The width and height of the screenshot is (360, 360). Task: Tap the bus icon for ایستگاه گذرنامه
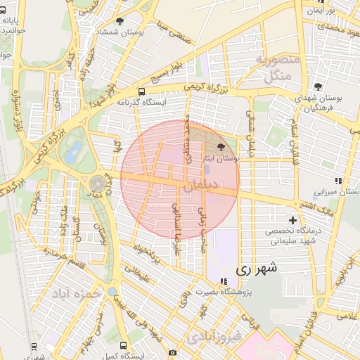[141, 91]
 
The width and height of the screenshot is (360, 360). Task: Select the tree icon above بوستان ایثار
[222, 148]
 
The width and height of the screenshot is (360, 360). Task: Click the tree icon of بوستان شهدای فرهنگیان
[319, 86]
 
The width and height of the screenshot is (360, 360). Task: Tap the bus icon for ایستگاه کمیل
[124, 346]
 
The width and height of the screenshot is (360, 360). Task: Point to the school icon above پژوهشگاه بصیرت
[224, 282]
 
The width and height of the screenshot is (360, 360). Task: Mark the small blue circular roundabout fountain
[112, 292]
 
